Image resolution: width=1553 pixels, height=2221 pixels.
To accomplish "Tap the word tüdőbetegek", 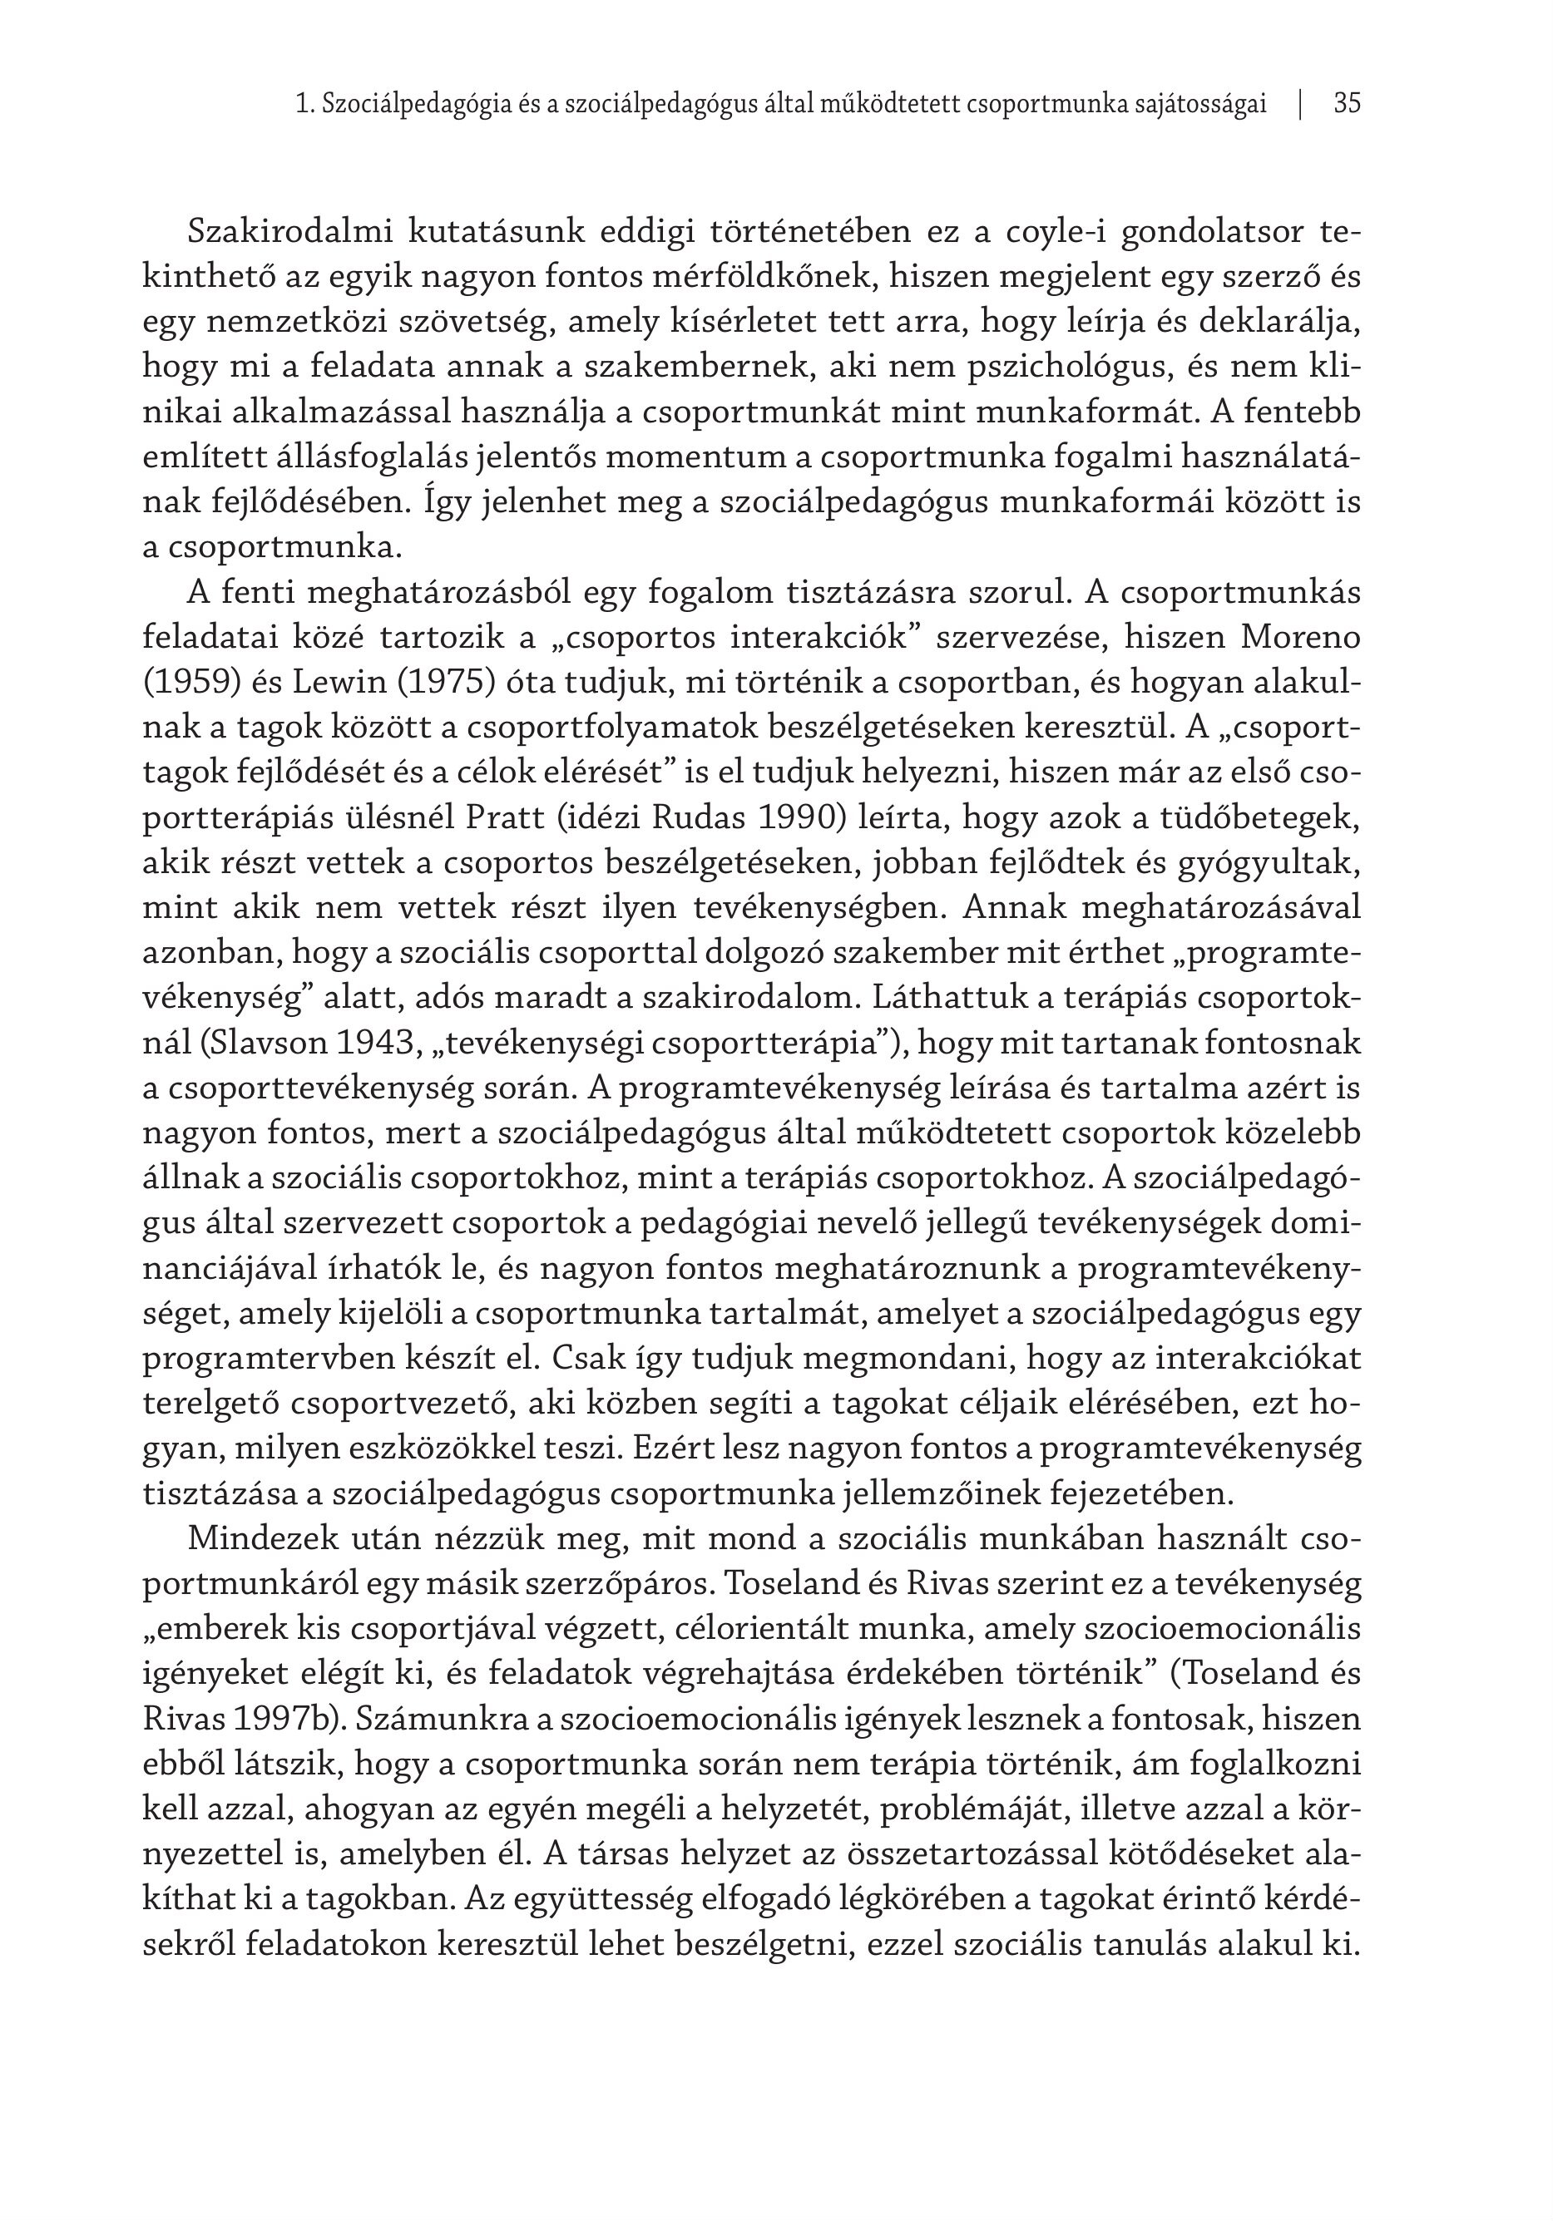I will click(x=1255, y=818).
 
